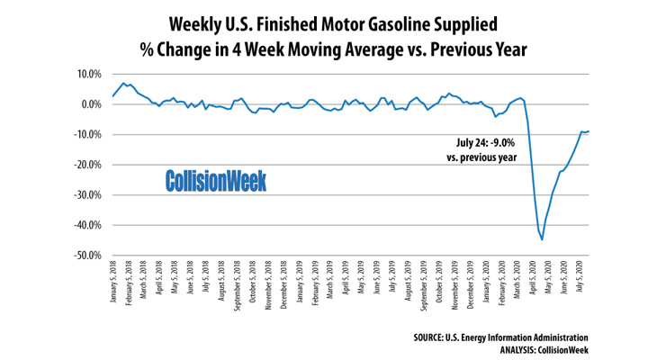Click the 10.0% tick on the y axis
coord(87,74)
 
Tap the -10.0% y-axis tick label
coord(85,135)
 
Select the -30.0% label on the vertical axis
coord(85,195)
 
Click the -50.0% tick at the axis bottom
coord(85,256)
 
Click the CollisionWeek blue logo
coord(216,181)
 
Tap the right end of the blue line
coord(589,131)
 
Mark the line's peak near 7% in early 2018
coord(123,83)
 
